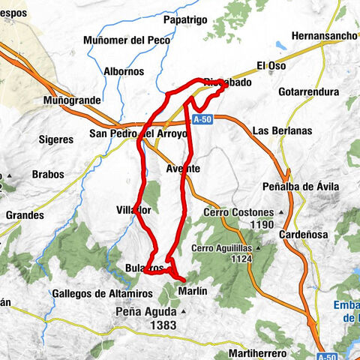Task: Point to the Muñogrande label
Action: click(72, 100)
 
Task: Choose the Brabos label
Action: click(48, 174)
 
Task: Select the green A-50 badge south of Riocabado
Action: click(201, 119)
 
